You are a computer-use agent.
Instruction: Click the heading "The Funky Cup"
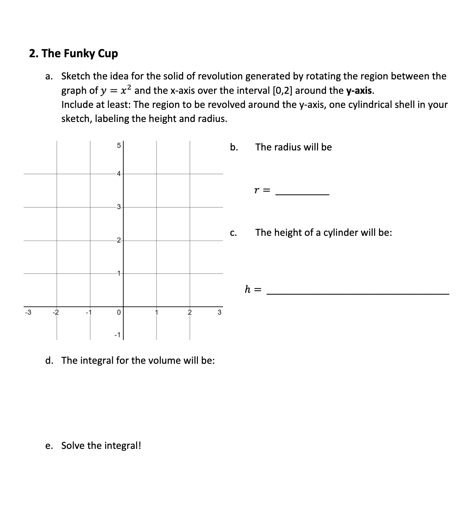(74, 53)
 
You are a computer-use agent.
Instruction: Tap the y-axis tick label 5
(119, 146)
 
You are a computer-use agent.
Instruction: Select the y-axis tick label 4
(119, 173)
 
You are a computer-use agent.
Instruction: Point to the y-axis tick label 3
(119, 207)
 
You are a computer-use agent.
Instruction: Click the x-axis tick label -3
(28, 312)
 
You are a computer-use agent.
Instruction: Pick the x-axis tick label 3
(219, 312)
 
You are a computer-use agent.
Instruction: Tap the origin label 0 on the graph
(119, 312)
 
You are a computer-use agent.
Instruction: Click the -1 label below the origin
(117, 335)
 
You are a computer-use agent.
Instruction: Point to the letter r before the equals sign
(257, 190)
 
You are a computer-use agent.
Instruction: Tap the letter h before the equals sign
(248, 289)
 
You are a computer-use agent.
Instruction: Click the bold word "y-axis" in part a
(360, 90)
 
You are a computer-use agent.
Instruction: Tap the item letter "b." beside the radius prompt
(234, 147)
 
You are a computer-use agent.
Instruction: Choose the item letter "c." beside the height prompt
(234, 233)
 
